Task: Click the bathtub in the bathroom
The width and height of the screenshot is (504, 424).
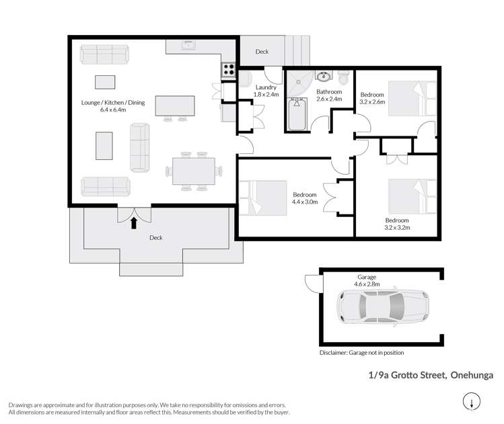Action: tap(297, 115)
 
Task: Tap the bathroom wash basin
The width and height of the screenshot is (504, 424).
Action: tap(324, 76)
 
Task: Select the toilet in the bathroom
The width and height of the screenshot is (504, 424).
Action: tap(344, 76)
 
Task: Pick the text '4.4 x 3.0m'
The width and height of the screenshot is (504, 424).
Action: tap(305, 202)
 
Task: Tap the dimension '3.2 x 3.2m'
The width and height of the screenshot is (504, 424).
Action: tap(398, 228)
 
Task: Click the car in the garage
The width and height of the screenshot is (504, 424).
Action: tap(383, 306)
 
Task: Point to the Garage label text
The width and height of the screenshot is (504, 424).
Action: tap(367, 277)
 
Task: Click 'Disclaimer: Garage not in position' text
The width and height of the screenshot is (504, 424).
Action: tap(362, 353)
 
